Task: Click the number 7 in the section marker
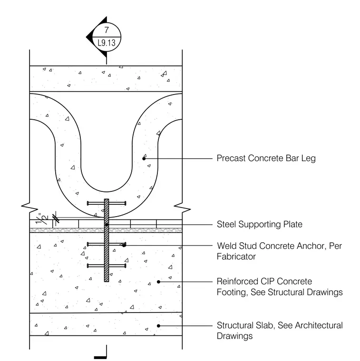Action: click(107, 30)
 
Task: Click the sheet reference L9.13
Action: click(107, 43)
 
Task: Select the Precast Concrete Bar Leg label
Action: click(266, 158)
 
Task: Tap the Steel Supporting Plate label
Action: click(260, 224)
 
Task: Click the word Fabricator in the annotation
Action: click(236, 256)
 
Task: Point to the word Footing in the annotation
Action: click(232, 293)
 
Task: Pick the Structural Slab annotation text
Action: click(280, 331)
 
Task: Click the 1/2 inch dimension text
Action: click(42, 218)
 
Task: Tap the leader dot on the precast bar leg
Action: click(144, 158)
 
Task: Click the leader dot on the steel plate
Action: click(107, 225)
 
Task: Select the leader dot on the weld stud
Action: click(124, 246)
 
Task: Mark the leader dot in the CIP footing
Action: click(158, 282)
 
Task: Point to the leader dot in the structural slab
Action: click(158, 326)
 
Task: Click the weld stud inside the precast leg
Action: click(107, 203)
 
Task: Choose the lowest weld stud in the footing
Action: click(107, 266)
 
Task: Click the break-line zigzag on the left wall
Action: click(29, 207)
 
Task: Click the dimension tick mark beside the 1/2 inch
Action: click(56, 218)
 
